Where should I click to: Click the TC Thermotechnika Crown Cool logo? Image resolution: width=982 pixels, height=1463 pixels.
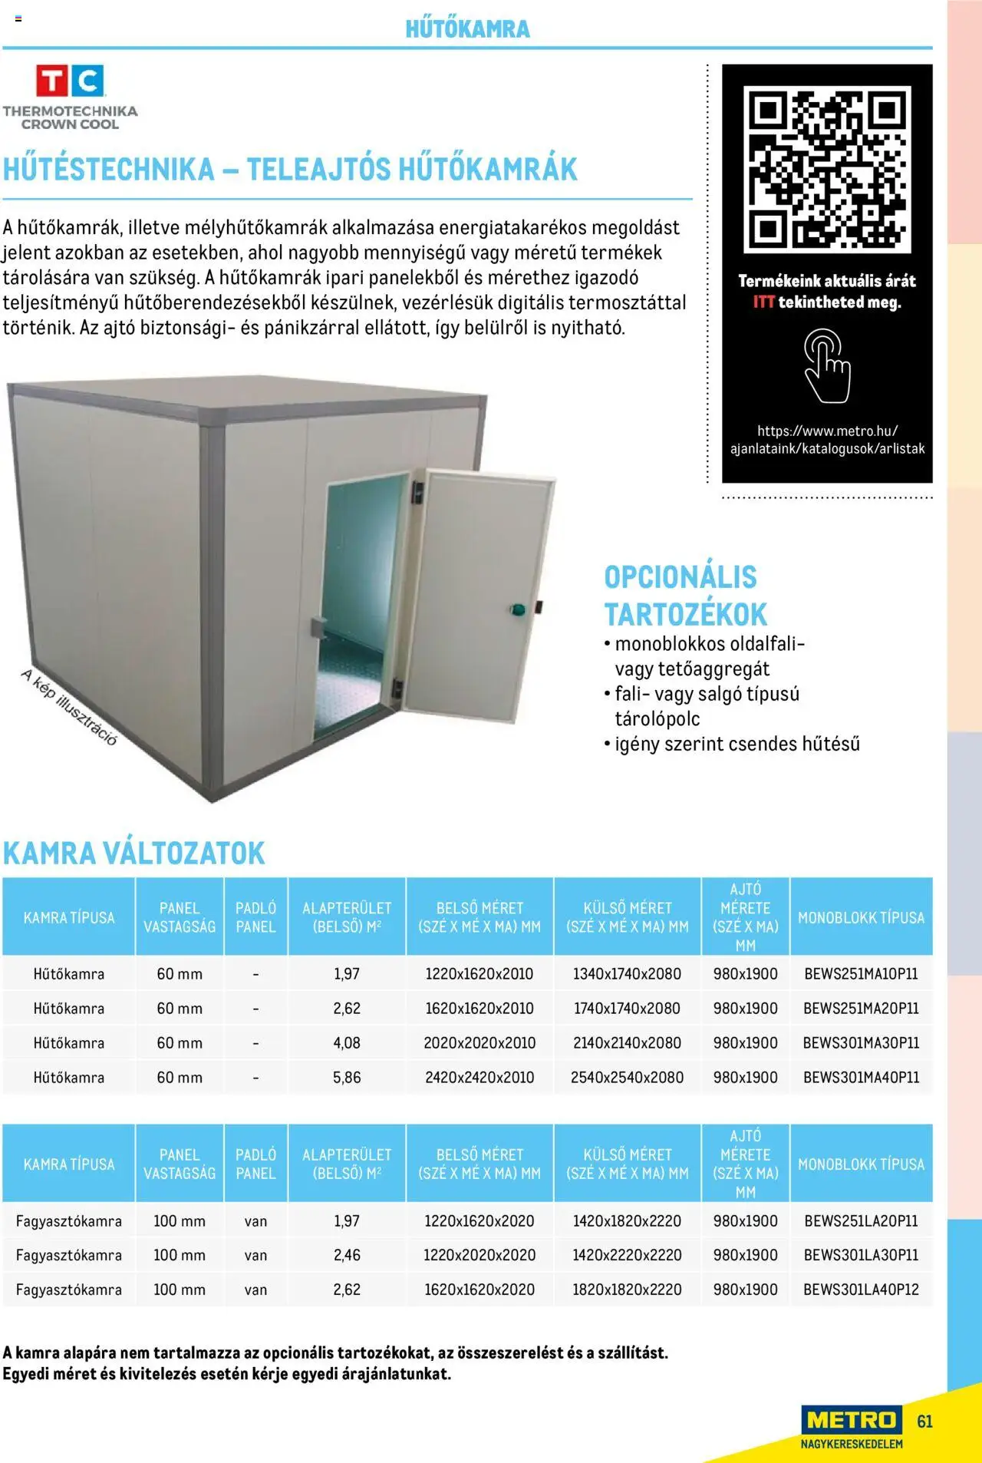70,97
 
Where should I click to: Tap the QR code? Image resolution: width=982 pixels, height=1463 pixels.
827,170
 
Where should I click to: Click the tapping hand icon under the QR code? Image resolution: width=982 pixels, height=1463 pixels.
826,365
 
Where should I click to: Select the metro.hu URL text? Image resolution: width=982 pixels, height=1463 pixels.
827,440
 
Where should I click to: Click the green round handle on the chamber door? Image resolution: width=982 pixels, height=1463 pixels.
517,610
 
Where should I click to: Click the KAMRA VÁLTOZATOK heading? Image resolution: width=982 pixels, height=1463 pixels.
133,854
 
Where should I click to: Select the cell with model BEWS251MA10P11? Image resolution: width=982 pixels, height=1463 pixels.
861,974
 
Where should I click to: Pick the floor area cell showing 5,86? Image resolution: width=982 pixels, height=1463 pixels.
347,1078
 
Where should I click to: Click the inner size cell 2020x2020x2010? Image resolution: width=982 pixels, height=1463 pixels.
479,1043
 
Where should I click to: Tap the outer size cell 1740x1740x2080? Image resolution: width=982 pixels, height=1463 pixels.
627,1009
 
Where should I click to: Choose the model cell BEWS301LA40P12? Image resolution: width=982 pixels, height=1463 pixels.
861,1290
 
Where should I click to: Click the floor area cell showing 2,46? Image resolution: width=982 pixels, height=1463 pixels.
347,1255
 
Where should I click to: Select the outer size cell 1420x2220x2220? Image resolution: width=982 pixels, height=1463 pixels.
627,1255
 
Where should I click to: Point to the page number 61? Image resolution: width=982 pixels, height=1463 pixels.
924,1422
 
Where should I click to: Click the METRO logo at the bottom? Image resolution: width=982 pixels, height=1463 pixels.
852,1422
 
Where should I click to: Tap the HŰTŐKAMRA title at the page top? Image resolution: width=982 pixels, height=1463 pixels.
467,29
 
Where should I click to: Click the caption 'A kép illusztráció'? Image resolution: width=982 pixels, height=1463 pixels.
69,707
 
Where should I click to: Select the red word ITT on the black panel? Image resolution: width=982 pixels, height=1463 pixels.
763,302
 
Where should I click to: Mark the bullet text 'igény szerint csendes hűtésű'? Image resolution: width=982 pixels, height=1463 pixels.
736,744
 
